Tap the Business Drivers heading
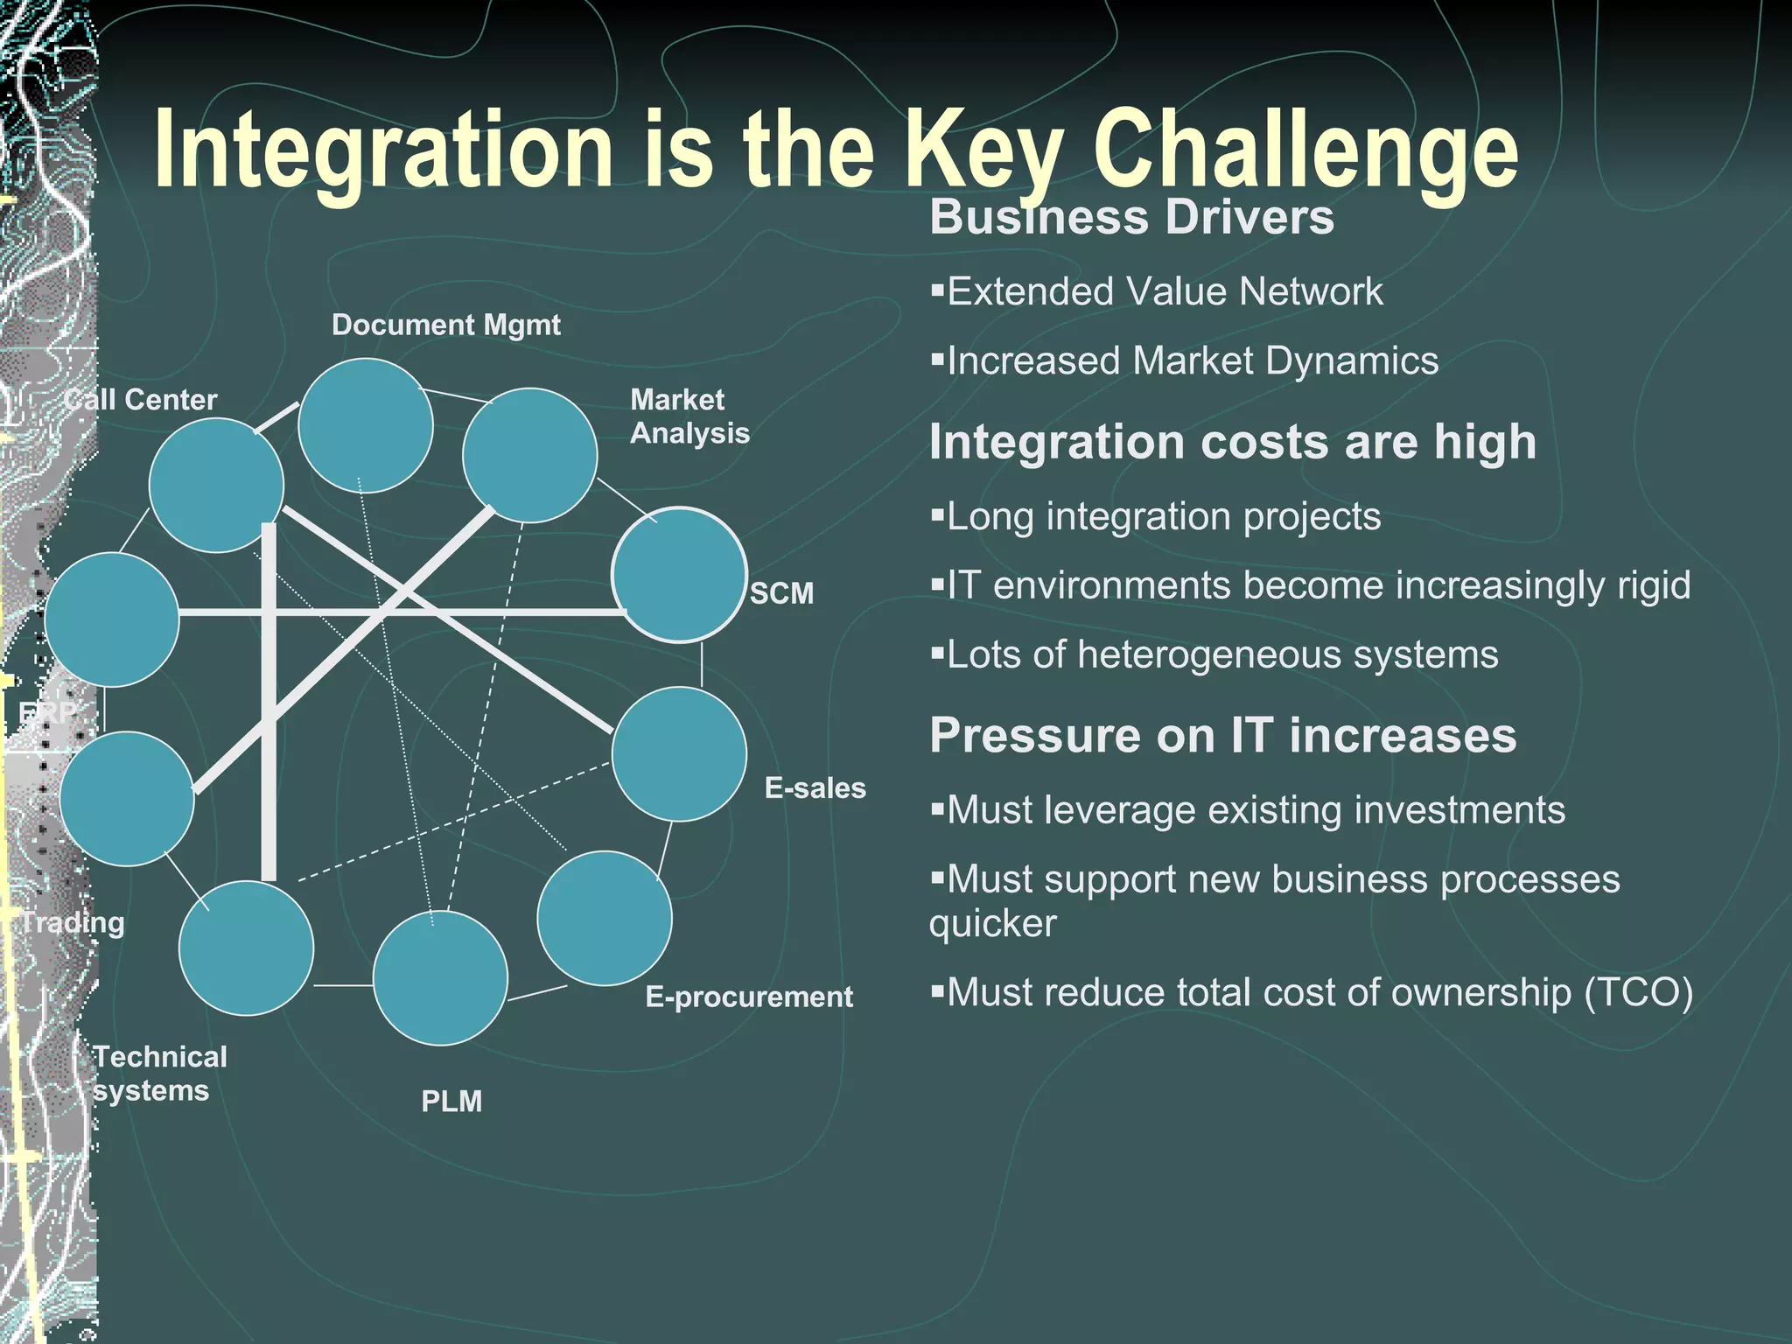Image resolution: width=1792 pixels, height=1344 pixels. pyautogui.click(x=1131, y=217)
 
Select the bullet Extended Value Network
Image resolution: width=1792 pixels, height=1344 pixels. pyautogui.click(x=1164, y=291)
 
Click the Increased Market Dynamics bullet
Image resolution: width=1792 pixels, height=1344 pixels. pyautogui.click(x=1192, y=360)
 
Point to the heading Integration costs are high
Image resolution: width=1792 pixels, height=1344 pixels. pyautogui.click(x=1232, y=441)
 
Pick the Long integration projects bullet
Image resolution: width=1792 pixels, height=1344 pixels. pyautogui.click(x=1163, y=516)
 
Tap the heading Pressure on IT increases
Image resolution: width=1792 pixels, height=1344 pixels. pyautogui.click(x=1222, y=735)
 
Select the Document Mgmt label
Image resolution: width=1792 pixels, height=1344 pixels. pyautogui.click(x=445, y=325)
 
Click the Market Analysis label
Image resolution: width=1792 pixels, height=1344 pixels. pyautogui.click(x=689, y=416)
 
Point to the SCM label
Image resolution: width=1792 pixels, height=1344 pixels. pyautogui.click(x=781, y=593)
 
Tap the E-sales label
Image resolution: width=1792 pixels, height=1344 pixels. pyautogui.click(x=815, y=787)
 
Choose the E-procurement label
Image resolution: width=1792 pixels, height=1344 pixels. pyautogui.click(x=748, y=997)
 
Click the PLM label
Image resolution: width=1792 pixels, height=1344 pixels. pyautogui.click(x=451, y=1101)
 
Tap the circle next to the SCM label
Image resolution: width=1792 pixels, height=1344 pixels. pyautogui.click(x=679, y=575)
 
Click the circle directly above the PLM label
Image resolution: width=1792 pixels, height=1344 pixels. pyautogui.click(x=440, y=978)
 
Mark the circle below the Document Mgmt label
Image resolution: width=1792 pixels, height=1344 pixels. pyautogui.click(x=366, y=425)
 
